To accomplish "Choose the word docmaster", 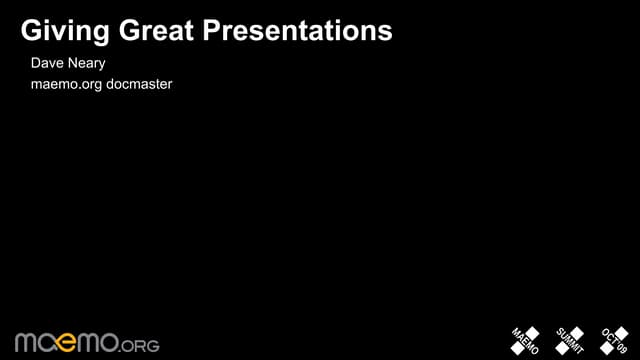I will click(140, 84).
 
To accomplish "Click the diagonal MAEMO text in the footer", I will click(526, 341).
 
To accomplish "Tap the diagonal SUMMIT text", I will click(570, 341).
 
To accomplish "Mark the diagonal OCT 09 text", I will click(614, 341).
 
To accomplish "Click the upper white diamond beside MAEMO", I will click(533, 333).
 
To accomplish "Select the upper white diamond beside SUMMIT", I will click(577, 333).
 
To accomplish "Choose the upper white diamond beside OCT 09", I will click(621, 333).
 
